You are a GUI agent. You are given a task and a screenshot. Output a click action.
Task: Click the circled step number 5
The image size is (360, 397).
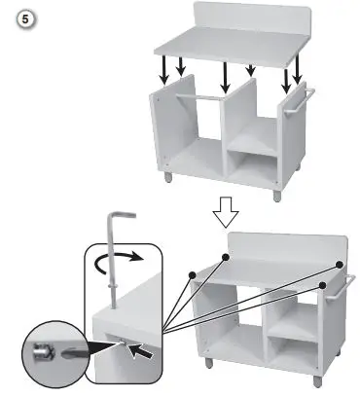point(17,17)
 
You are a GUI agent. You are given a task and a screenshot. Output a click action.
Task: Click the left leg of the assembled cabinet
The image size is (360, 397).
point(208,363)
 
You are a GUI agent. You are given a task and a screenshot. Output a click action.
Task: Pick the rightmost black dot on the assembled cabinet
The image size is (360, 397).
point(341,265)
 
